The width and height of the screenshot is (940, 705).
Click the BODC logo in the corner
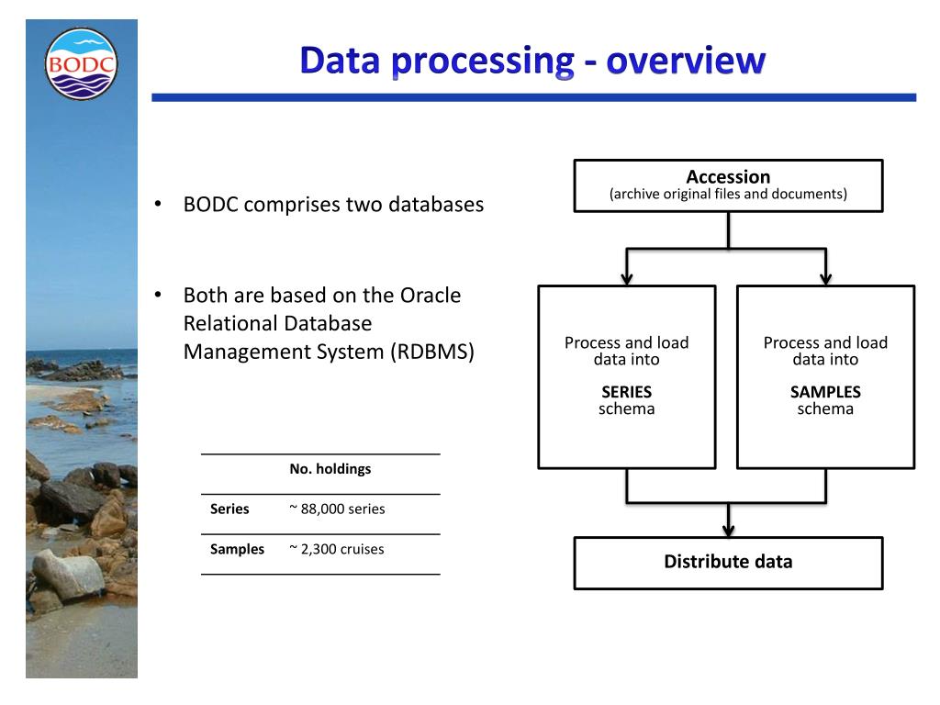click(81, 63)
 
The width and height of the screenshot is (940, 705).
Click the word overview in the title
click(685, 61)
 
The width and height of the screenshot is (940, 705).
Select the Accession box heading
click(728, 176)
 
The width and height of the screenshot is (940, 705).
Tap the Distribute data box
click(728, 562)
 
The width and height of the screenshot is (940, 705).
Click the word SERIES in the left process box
click(626, 392)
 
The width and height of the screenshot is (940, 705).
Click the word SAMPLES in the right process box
click(825, 392)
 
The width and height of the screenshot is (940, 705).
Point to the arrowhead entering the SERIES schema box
click(627, 277)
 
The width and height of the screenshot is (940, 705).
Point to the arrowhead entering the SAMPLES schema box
click(825, 277)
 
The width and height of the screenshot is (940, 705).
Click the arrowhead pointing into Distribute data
click(728, 530)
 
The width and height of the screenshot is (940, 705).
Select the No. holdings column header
click(330, 469)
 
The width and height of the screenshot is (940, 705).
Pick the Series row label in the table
click(229, 509)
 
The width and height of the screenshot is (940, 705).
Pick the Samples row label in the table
click(237, 549)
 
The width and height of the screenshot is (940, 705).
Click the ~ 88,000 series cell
click(337, 509)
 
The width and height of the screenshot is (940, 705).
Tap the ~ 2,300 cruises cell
click(336, 549)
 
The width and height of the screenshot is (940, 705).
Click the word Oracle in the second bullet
click(431, 296)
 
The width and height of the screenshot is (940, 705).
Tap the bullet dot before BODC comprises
click(158, 203)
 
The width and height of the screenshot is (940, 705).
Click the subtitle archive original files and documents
click(728, 195)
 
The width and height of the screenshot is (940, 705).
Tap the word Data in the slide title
click(340, 61)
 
